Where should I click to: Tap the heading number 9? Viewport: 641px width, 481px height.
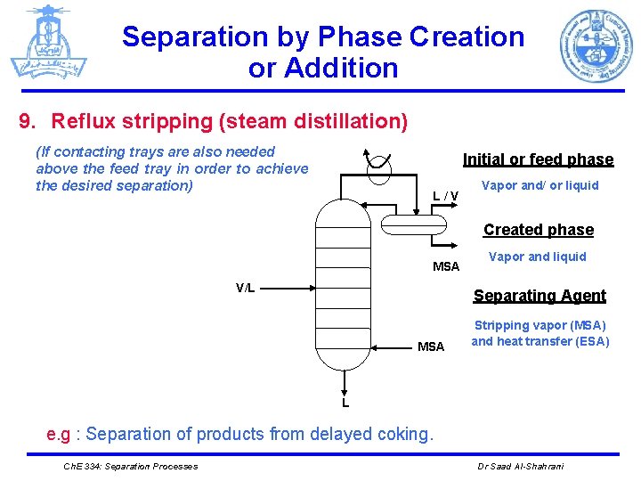(x=26, y=120)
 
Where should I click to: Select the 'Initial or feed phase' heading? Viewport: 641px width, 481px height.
(x=538, y=159)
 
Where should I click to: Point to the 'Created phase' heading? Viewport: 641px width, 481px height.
(x=538, y=230)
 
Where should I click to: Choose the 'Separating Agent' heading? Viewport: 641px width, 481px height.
(x=540, y=296)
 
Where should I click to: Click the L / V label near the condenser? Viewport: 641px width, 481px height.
(x=445, y=196)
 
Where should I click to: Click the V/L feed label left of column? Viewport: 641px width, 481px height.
(x=245, y=287)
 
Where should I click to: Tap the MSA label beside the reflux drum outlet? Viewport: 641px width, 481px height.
(x=446, y=266)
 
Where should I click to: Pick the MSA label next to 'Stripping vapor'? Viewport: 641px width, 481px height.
(x=431, y=346)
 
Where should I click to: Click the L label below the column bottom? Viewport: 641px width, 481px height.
(x=345, y=404)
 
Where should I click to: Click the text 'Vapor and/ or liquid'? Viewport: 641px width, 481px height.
(x=540, y=186)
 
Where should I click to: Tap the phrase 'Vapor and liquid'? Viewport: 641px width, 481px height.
(x=538, y=257)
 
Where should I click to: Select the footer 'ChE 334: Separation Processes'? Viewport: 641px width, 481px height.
(x=131, y=466)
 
